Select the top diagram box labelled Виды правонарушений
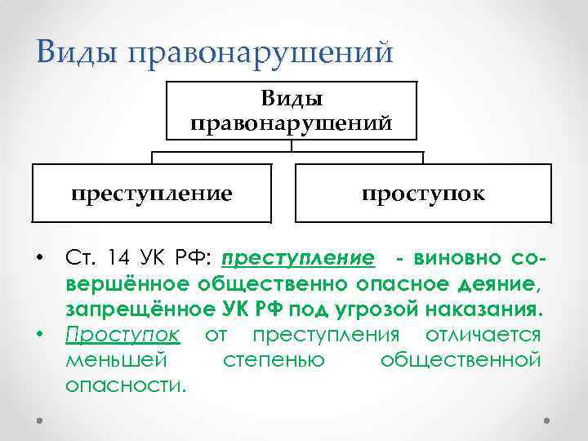[x=292, y=111]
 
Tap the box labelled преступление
[x=151, y=194]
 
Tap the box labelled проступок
[x=423, y=194]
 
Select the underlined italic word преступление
[x=298, y=260]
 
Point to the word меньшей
[x=114, y=359]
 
